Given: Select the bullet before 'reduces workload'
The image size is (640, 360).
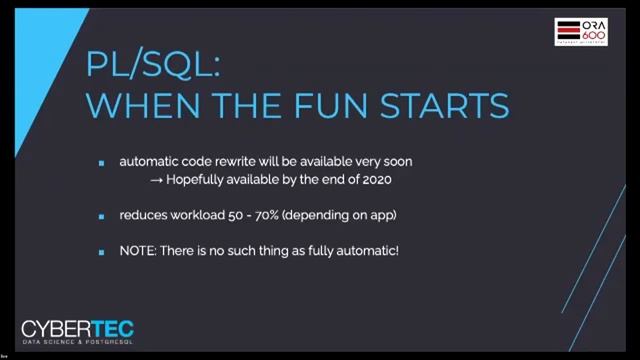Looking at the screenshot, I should coord(101,216).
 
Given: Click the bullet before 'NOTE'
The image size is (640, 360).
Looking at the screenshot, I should coord(101,251).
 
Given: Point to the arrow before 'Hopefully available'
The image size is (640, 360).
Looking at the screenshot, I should coord(157,180).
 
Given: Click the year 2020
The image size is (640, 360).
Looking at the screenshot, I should coord(372,180).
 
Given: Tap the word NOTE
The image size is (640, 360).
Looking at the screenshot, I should coord(137,250).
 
